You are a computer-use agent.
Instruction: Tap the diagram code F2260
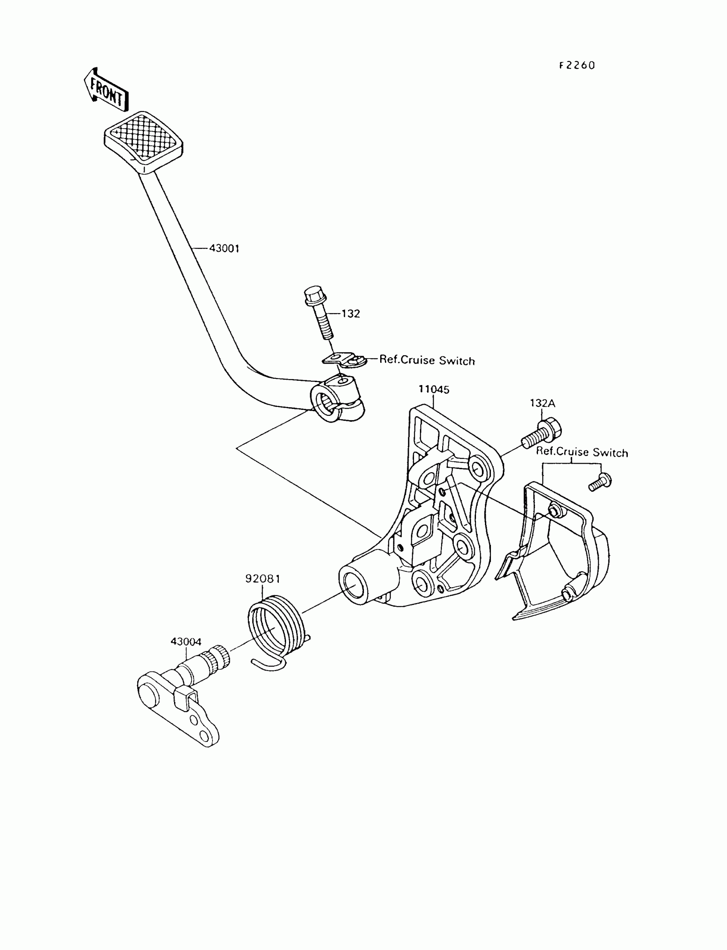pyautogui.click(x=577, y=65)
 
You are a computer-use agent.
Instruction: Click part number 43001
pyautogui.click(x=224, y=249)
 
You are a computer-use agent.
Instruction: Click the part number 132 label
pyautogui.click(x=351, y=314)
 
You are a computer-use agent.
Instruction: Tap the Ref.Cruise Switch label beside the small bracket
pyautogui.click(x=427, y=361)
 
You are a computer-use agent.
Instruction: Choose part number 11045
pyautogui.click(x=434, y=390)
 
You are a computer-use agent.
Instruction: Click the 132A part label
pyautogui.click(x=542, y=403)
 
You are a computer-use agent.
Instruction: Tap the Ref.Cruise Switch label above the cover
pyautogui.click(x=582, y=452)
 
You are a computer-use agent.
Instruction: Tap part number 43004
pyautogui.click(x=186, y=642)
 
